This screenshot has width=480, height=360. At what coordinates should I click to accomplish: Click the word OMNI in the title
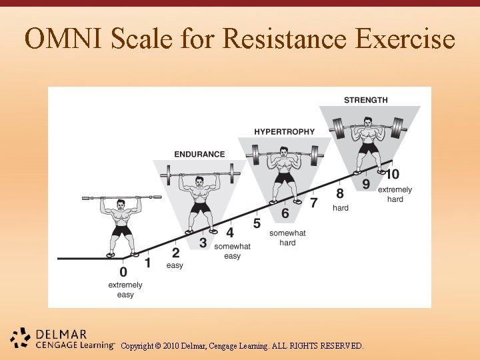[64, 39]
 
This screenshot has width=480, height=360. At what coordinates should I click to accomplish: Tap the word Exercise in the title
[405, 39]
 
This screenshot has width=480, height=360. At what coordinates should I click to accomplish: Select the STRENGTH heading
[365, 100]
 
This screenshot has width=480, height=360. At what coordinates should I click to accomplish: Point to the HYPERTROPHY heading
[284, 132]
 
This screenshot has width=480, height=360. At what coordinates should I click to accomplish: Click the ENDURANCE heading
[199, 154]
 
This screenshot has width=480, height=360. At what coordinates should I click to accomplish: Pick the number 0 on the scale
[123, 272]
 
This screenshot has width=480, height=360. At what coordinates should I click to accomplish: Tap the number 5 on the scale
[257, 223]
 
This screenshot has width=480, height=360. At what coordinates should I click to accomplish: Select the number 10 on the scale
[393, 174]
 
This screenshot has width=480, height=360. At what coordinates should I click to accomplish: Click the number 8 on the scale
[340, 193]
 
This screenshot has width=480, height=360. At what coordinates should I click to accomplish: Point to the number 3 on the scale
[203, 243]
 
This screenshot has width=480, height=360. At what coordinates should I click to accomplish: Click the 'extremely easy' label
[125, 290]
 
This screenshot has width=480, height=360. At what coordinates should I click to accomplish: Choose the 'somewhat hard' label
[287, 238]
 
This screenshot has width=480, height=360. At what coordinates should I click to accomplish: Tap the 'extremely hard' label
[395, 195]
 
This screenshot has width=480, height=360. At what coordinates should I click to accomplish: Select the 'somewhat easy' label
[232, 251]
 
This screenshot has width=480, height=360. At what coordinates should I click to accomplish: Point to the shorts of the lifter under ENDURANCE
[199, 207]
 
